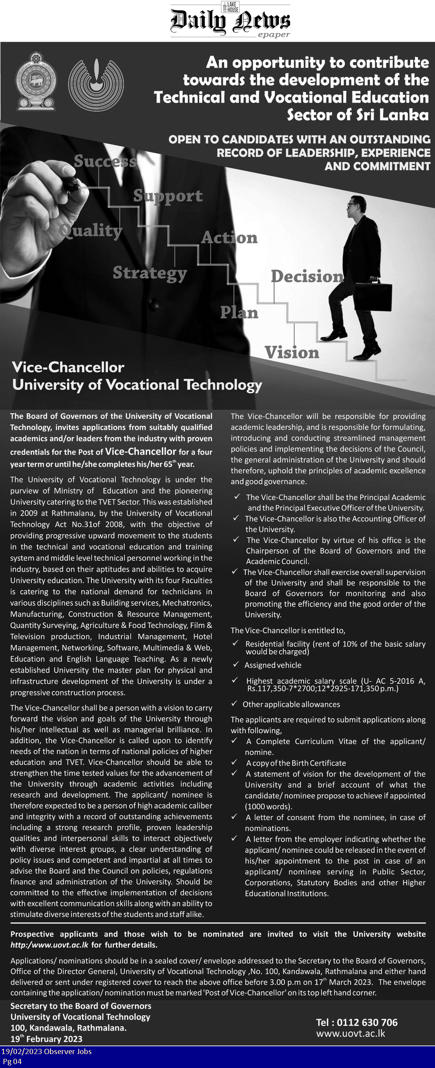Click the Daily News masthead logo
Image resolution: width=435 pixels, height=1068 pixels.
[230, 21]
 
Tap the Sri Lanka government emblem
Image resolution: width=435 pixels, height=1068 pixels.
[36, 81]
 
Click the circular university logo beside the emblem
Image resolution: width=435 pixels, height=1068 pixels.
[96, 84]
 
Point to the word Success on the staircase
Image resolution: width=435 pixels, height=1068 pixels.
[105, 161]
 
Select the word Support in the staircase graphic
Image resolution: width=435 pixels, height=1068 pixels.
[168, 196]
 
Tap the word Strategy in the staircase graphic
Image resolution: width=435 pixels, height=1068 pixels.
[150, 273]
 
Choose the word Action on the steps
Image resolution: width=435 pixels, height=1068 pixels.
[229, 238]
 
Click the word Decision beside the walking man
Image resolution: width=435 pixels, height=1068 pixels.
[307, 276]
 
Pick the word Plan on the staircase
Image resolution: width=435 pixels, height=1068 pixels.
[239, 312]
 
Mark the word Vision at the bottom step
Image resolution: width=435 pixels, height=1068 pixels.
[292, 352]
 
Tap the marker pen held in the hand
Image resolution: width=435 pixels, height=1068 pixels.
[70, 184]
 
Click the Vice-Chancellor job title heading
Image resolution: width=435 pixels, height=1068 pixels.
[68, 367]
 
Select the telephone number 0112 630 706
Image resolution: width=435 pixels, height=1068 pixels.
[357, 1022]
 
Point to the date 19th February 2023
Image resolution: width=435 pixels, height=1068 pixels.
[46, 1039]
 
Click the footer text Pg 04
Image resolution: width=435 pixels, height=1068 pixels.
[12, 1061]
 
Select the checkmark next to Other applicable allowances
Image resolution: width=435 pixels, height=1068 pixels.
[234, 703]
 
